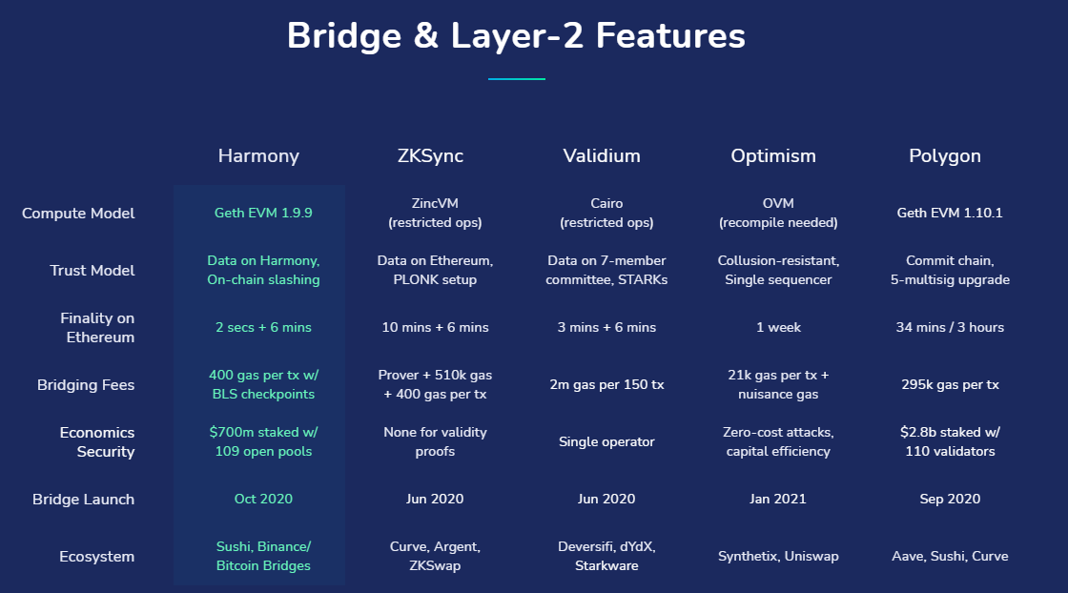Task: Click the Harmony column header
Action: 258,155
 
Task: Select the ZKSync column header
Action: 430,155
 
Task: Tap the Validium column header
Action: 602,155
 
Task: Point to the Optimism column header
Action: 773,155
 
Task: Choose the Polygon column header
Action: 945,155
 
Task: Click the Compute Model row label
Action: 78,214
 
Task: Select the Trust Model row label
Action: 92,271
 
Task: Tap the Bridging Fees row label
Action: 86,385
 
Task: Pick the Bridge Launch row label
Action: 83,500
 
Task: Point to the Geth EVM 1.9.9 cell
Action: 263,214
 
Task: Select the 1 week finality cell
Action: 778,328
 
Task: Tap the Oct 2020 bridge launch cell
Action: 263,500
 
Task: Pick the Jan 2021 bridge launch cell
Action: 778,500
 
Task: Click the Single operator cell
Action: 606,442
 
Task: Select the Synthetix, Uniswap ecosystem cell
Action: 778,557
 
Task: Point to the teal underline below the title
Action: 516,78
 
